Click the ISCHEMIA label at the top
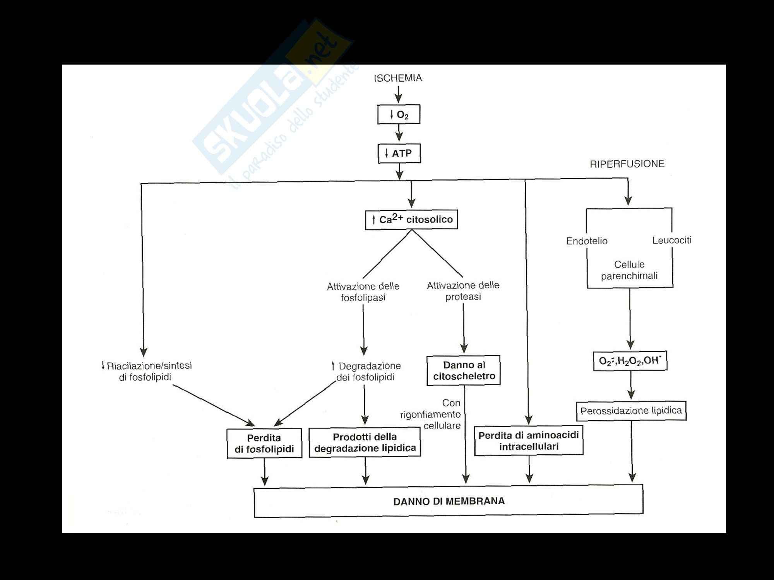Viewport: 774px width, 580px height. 398,78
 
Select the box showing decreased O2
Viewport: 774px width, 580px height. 399,114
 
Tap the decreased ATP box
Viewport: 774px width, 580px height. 399,154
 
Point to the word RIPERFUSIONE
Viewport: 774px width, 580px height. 627,164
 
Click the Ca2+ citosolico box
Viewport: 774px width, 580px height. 411,220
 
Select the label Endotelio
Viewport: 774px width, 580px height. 587,241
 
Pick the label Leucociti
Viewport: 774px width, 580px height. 672,240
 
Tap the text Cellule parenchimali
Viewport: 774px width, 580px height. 629,270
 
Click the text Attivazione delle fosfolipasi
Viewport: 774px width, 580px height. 363,292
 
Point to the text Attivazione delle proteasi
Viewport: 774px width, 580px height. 463,291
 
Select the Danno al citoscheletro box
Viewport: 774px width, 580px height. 464,370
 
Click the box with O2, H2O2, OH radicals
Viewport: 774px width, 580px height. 630,361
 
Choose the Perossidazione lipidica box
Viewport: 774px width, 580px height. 631,411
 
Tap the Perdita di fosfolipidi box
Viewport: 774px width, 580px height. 264,443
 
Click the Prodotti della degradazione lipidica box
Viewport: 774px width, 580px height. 365,442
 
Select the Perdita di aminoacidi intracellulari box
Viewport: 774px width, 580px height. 529,441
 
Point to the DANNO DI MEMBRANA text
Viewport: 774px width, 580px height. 449,501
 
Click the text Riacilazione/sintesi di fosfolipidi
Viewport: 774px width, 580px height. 147,371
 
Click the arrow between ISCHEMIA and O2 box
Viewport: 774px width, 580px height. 398,94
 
